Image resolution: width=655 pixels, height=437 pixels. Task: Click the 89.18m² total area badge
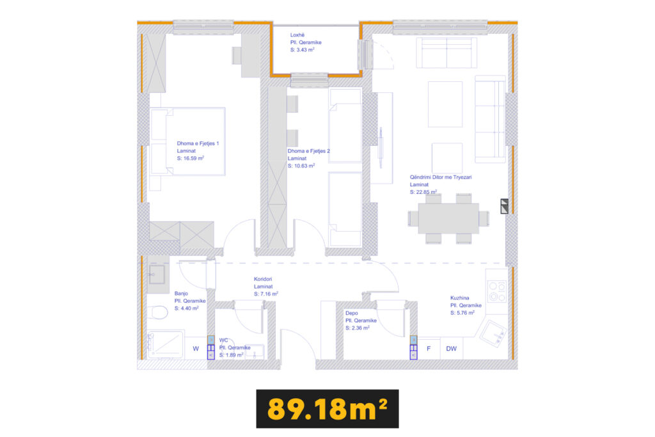tap(327, 409)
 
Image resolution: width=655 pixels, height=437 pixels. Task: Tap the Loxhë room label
tap(297, 35)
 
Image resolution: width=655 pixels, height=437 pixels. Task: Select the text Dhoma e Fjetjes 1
tap(198, 143)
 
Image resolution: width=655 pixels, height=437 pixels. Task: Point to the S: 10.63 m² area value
tap(301, 166)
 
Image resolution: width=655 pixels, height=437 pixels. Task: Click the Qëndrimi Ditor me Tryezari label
tap(441, 177)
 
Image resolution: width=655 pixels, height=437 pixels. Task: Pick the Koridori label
tap(263, 279)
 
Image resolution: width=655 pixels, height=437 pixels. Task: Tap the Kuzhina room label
tap(459, 298)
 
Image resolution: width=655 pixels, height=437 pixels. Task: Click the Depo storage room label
tap(351, 313)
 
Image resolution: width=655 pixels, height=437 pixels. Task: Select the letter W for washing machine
tap(196, 349)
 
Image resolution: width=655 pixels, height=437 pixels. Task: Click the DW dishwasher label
tap(451, 349)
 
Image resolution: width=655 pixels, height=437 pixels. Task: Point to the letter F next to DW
tap(429, 349)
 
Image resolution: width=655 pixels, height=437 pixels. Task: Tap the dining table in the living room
tap(448, 218)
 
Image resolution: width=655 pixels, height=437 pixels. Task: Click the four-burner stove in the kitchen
tap(497, 291)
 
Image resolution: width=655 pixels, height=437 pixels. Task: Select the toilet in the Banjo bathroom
tap(157, 312)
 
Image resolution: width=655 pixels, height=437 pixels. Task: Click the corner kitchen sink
tap(493, 333)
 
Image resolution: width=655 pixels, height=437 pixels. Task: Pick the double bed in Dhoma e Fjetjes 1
tap(187, 141)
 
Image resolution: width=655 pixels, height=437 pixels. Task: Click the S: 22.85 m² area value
tap(423, 192)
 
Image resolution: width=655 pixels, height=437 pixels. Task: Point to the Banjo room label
tap(181, 293)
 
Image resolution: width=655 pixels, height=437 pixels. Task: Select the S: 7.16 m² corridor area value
tap(265, 294)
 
